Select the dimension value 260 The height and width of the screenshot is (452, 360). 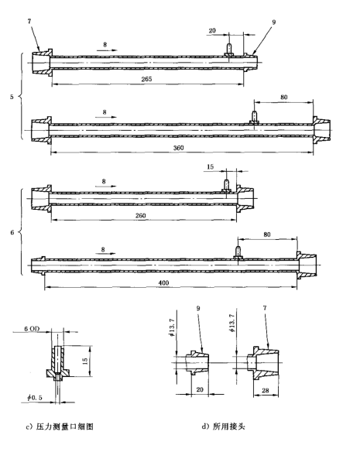coord(141,215)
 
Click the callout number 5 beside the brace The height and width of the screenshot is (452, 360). coord(10,98)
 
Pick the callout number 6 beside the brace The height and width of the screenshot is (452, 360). coord(10,231)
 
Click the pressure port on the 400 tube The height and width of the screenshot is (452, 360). coord(237,250)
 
